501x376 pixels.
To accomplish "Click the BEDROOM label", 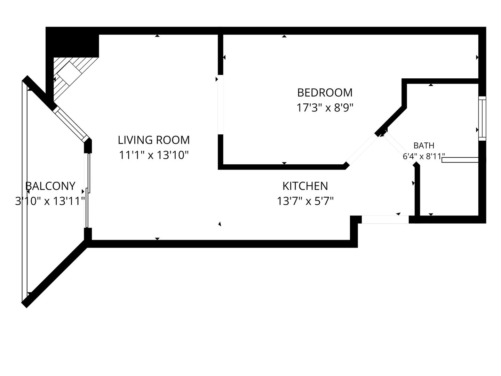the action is point(325,93).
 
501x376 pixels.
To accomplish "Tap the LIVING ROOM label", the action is point(154,140).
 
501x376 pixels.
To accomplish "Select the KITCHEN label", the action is point(305,186).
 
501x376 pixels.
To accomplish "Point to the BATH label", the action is point(424,146).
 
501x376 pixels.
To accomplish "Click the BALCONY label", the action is point(50,186).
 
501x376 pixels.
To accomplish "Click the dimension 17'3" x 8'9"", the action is point(325,108).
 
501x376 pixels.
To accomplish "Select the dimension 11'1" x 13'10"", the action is point(154,155).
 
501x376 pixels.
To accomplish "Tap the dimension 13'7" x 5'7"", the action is point(305,201).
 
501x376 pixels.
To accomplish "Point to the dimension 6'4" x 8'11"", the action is point(424,156).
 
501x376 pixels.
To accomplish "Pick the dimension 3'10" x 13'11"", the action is point(50,201).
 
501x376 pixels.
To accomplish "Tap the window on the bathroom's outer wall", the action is point(482,118).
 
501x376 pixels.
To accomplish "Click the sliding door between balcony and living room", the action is point(88,191).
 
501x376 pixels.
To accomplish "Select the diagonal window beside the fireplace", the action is point(71,124).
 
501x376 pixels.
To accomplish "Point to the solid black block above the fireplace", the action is point(72,42).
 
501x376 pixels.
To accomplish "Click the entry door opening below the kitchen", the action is point(385,219).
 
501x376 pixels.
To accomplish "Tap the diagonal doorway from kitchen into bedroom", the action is point(361,150).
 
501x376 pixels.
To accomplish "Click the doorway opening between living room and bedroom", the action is point(221,104).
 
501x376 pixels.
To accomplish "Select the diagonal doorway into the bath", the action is point(399,148).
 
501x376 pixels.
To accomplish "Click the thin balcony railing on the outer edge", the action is point(24,191).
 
